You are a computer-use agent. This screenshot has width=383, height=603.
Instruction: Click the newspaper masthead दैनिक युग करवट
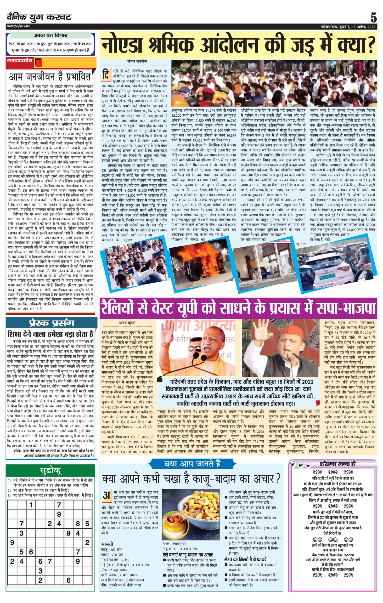[39, 17]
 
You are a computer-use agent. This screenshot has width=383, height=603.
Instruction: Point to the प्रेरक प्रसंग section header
[50, 323]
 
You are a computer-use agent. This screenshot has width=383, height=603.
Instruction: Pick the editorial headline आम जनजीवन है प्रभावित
[49, 77]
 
